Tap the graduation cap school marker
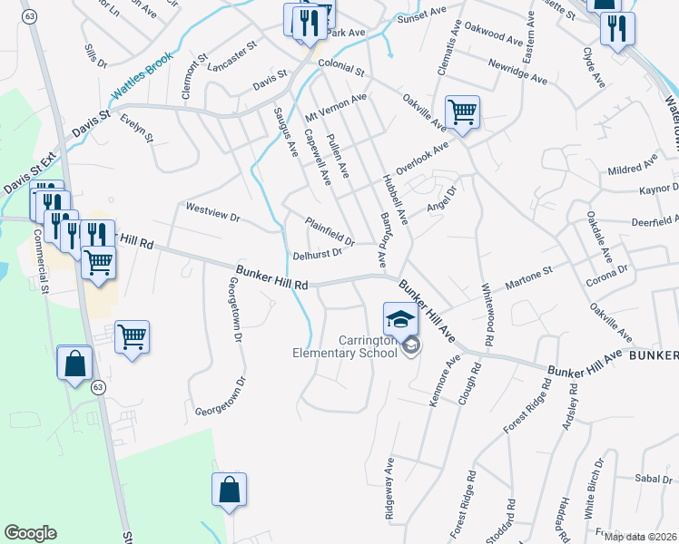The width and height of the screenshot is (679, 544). (399, 320)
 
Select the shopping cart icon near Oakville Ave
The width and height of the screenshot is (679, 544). (462, 112)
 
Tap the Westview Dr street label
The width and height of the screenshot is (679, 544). (212, 212)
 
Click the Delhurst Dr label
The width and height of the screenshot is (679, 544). (317, 254)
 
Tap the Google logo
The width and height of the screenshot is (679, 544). (30, 533)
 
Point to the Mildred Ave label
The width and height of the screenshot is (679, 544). (632, 169)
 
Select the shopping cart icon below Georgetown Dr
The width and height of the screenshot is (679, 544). (133, 337)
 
